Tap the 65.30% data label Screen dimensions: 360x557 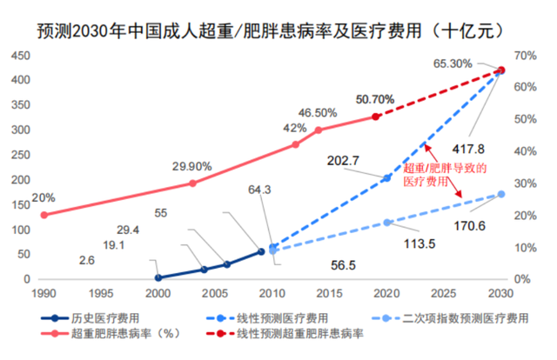coord(453,63)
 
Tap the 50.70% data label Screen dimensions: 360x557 coord(375,99)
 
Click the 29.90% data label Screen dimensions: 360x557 coord(191,166)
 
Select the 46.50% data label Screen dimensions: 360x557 coord(318,113)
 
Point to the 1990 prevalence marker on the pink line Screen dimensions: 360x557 coord(43,215)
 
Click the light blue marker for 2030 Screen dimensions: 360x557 coord(501,194)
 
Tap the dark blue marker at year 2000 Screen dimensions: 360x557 coord(158,278)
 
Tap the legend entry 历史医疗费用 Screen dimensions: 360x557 coord(97,317)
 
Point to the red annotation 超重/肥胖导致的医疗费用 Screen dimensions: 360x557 coord(444,175)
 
